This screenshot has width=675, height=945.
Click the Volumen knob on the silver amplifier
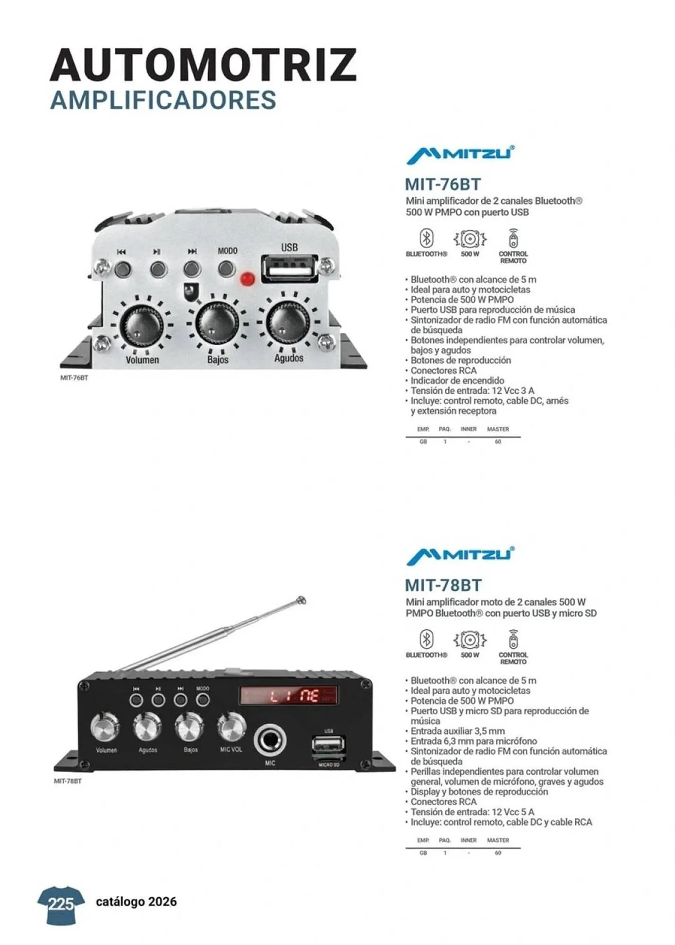(x=141, y=325)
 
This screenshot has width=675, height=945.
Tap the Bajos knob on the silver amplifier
(x=217, y=323)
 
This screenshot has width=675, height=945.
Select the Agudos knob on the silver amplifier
(x=288, y=321)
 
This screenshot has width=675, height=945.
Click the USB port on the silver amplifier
(x=289, y=269)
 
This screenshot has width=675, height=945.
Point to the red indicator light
(x=247, y=279)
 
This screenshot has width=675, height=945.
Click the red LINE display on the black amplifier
(x=289, y=695)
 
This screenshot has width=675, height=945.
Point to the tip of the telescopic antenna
(x=300, y=601)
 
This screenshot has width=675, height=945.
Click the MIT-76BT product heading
(x=443, y=184)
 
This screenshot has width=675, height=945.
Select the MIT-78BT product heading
(x=443, y=585)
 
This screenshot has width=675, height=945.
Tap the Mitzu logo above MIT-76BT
(x=460, y=155)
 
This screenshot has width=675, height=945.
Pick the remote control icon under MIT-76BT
(x=513, y=239)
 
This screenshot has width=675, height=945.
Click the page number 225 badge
(x=61, y=904)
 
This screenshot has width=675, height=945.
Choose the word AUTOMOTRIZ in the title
(x=203, y=65)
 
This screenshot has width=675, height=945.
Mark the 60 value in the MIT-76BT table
(x=498, y=442)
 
